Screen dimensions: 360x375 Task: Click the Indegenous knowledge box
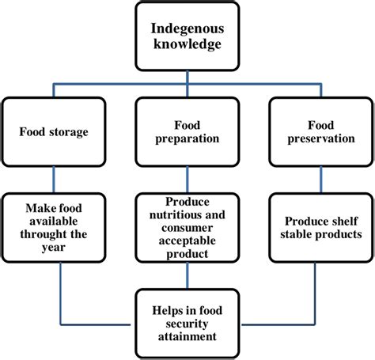[187, 36]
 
